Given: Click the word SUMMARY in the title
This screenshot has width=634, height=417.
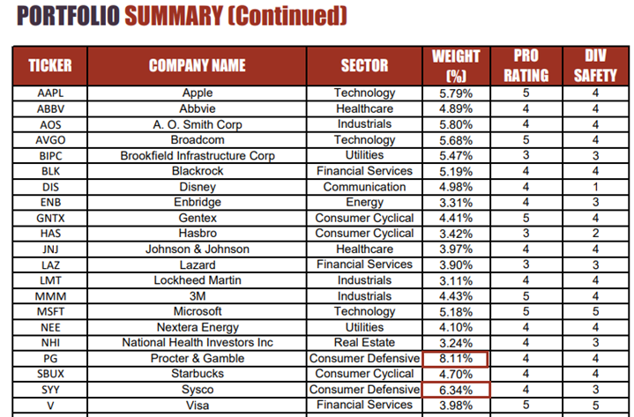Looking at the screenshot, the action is tap(174, 16).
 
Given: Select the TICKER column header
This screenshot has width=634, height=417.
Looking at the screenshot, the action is tap(50, 65).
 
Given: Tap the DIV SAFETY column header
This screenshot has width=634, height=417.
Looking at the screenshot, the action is tap(595, 65).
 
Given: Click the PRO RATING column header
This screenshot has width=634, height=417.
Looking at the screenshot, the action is tap(526, 65).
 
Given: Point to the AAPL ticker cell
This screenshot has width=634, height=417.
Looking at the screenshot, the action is tap(50, 93).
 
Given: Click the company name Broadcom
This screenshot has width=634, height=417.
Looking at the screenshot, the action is tap(198, 140).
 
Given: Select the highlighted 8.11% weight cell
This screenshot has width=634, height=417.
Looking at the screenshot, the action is tap(456, 359).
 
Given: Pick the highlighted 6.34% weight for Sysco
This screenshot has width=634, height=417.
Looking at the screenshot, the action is tap(456, 390).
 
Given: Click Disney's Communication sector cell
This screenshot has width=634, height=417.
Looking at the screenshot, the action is tap(364, 187).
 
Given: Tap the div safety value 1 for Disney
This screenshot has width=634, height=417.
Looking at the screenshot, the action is tap(595, 187).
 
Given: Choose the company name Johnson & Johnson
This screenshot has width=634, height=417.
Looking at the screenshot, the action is tap(198, 249).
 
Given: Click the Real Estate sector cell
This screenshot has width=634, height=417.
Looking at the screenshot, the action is tap(364, 343).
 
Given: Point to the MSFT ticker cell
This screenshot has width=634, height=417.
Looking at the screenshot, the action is tap(50, 311).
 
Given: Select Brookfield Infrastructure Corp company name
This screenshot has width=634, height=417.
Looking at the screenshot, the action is tap(198, 155).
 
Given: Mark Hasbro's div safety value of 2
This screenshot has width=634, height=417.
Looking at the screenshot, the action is tap(595, 234).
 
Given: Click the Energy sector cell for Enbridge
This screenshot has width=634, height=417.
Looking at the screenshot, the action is tap(364, 202).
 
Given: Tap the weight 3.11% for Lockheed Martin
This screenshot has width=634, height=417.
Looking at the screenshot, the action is tap(456, 280).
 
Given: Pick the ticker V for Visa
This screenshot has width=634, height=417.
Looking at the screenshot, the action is tap(50, 406).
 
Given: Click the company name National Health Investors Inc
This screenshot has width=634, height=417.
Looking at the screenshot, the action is tap(198, 343).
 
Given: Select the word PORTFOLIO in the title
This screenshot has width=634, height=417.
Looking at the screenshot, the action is tap(68, 16).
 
